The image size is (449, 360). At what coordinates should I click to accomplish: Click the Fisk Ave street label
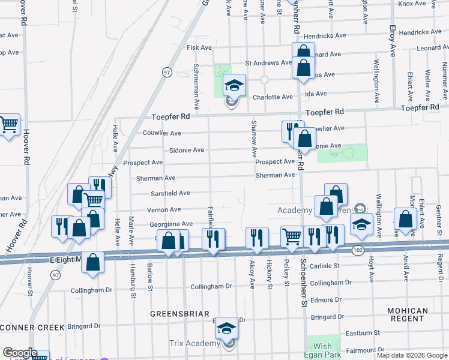199,47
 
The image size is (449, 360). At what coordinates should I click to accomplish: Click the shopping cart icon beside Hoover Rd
9,125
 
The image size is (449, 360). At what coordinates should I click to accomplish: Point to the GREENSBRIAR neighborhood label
179,314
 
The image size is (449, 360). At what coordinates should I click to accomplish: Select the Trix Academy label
195,343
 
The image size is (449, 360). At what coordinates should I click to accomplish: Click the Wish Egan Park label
322,350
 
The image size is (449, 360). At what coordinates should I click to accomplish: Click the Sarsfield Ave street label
170,193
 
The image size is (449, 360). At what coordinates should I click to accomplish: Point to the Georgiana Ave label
171,223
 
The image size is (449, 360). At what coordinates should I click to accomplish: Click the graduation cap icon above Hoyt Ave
361,225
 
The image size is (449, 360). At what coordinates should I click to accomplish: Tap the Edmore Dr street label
327,299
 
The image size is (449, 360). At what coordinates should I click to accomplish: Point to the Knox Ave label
412,4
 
